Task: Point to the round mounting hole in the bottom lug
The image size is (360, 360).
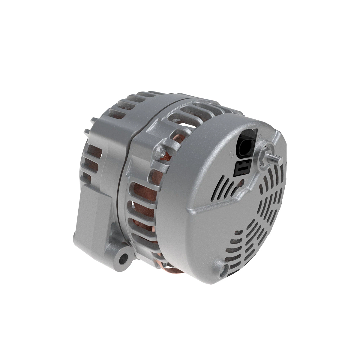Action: coord(122,258)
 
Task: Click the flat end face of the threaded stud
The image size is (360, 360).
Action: coord(280,161)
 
